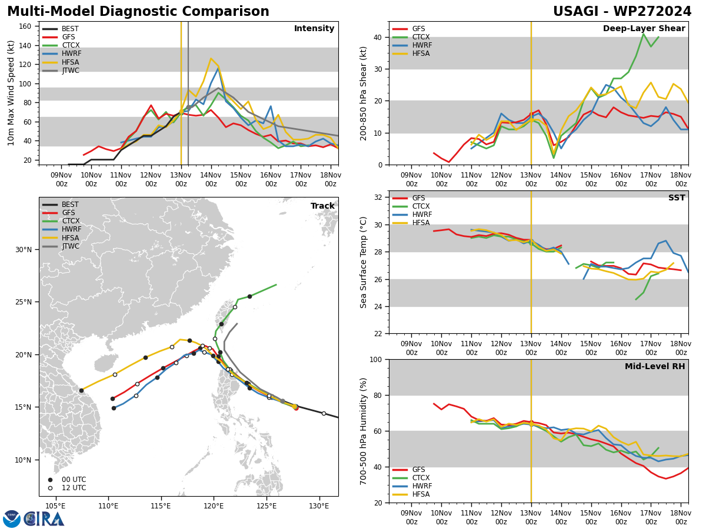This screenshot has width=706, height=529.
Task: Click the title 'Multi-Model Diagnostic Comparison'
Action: coord(138,12)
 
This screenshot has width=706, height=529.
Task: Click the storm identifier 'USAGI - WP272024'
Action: coord(622,12)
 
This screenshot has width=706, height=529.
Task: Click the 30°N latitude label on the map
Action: coord(23,250)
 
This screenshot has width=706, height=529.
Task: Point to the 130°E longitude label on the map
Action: coord(319,506)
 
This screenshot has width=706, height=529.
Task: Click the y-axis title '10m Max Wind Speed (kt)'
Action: coord(11,93)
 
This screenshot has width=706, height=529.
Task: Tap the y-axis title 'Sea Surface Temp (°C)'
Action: coord(364,262)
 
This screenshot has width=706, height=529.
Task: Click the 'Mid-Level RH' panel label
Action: coord(655,367)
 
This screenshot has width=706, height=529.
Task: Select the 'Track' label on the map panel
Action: coord(322,206)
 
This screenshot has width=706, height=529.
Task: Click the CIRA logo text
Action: coord(44,519)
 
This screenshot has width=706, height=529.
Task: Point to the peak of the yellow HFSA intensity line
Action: coord(211,58)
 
